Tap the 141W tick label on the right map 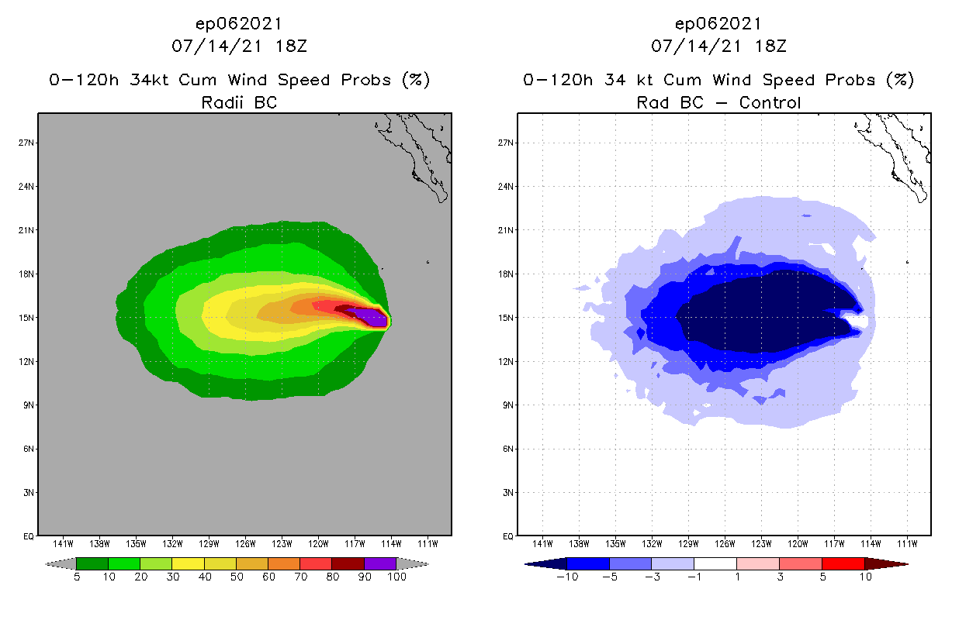click(x=543, y=542)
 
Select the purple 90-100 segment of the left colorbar click(x=380, y=563)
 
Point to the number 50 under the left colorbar click(x=236, y=577)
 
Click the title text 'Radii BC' click(x=239, y=102)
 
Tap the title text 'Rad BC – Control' click(x=718, y=102)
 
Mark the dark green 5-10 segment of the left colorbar click(x=92, y=563)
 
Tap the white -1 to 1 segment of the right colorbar click(x=715, y=563)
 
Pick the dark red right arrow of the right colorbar click(x=885, y=563)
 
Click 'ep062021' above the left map click(x=239, y=23)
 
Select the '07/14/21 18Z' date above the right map click(x=718, y=46)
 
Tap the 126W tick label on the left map click(x=246, y=542)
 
